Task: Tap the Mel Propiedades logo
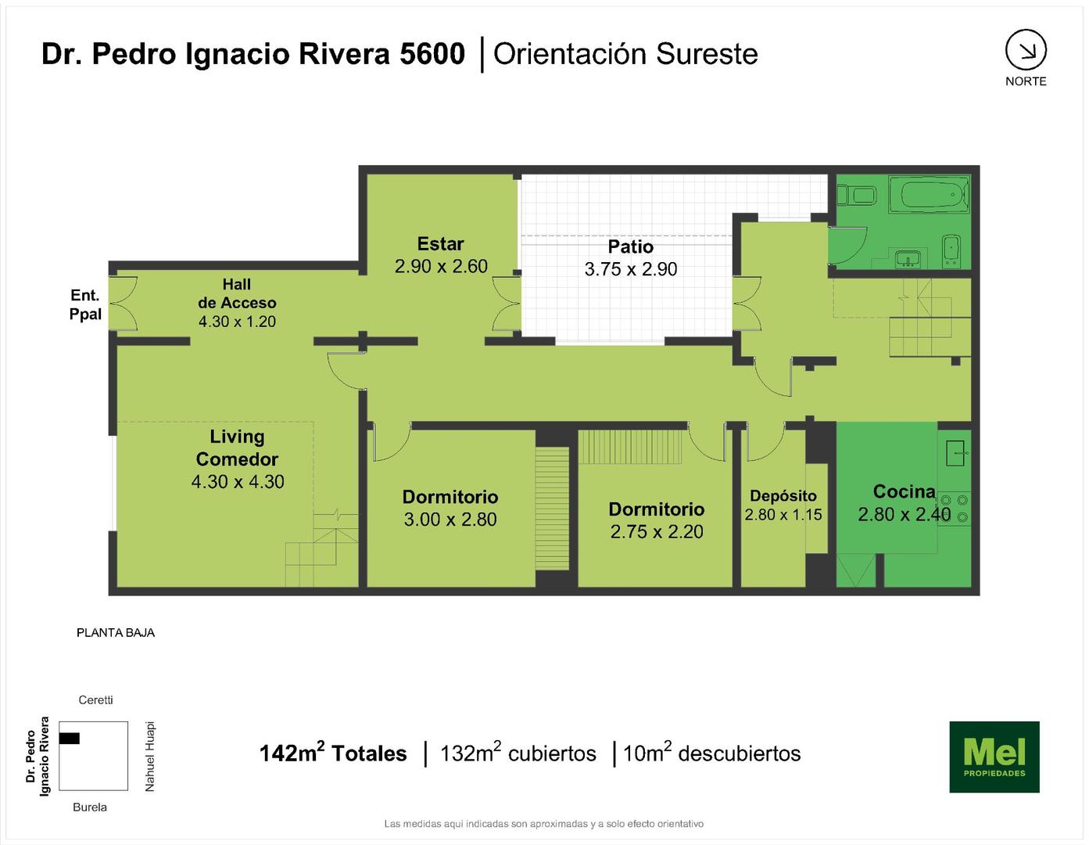(x=994, y=757)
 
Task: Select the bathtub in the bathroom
(x=929, y=194)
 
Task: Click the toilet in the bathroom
(x=857, y=195)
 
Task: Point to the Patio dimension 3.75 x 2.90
(x=630, y=269)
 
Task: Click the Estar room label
(x=440, y=244)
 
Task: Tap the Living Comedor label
(x=237, y=448)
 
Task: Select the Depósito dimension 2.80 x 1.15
(x=783, y=515)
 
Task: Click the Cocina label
(x=904, y=491)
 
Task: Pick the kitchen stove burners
(x=955, y=508)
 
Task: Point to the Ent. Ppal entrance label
(x=85, y=304)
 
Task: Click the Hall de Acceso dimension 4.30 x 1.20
(x=237, y=322)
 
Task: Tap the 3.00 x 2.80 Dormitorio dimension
(x=450, y=520)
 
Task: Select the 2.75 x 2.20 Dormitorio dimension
(x=657, y=531)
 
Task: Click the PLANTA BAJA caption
(x=115, y=633)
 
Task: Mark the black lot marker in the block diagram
(x=69, y=738)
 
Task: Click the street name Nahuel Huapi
(x=149, y=757)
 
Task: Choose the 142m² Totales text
(x=333, y=753)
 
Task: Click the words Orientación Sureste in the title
(x=625, y=54)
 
